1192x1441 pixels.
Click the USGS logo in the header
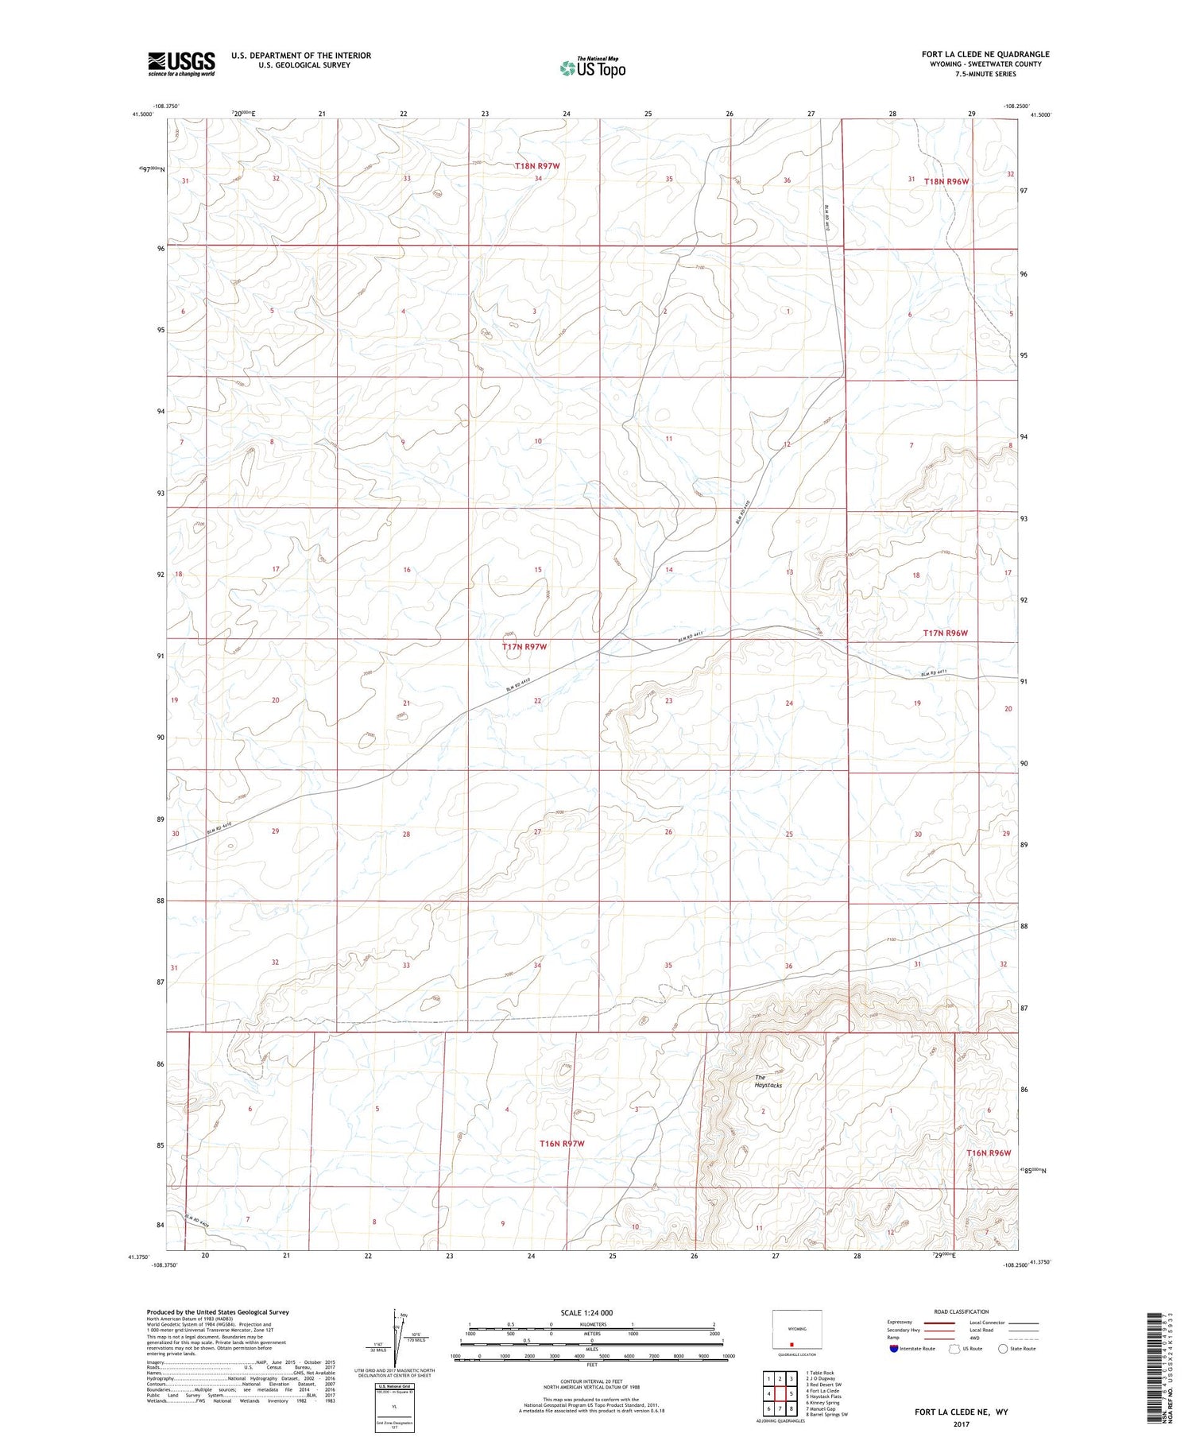(x=181, y=64)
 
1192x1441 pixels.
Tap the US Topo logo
(x=592, y=68)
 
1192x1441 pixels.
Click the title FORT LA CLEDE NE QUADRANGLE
(x=985, y=54)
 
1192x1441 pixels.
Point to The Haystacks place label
(x=768, y=1081)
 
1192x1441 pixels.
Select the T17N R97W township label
(x=524, y=647)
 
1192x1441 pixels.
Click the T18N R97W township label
(x=537, y=166)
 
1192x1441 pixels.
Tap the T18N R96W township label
(x=946, y=181)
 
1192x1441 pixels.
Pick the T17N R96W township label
(x=946, y=633)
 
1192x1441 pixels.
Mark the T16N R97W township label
(x=562, y=1143)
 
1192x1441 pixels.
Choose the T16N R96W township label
(x=989, y=1152)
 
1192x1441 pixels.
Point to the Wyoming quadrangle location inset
(x=797, y=1330)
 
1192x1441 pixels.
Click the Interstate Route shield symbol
(x=894, y=1349)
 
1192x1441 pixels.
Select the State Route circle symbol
(x=1003, y=1349)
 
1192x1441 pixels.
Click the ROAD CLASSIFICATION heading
(x=962, y=1311)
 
